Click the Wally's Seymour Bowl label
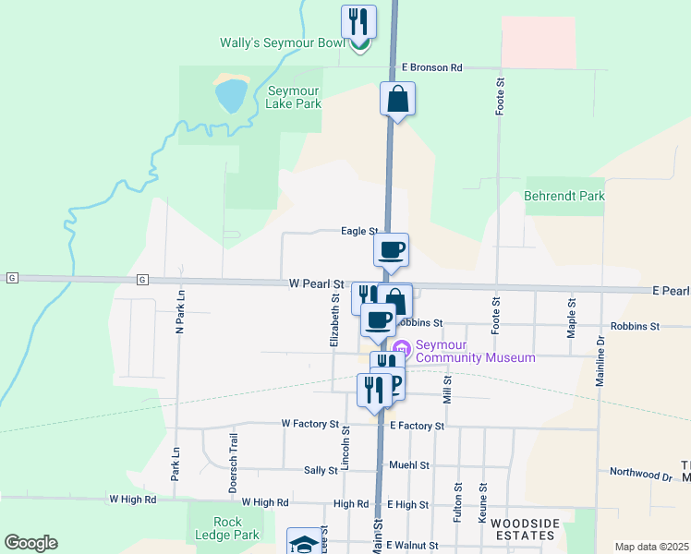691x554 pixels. click(x=282, y=43)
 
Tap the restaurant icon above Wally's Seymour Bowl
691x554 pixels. click(x=358, y=21)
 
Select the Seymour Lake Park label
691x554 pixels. click(x=294, y=97)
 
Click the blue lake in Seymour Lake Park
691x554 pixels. click(x=230, y=94)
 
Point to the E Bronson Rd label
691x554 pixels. click(x=431, y=67)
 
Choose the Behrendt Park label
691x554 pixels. click(x=564, y=196)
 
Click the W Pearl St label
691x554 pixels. click(x=316, y=284)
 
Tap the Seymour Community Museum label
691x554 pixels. click(x=475, y=351)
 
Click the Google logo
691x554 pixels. click(x=30, y=543)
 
